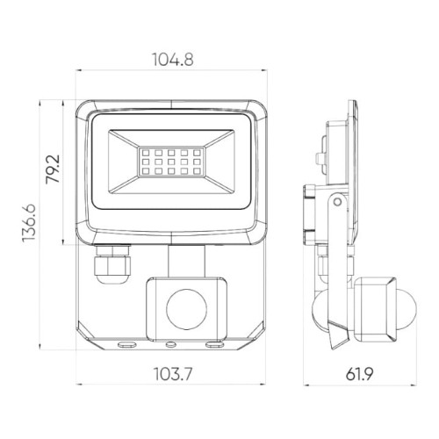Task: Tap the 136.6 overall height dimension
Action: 30,225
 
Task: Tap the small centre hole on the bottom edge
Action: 171,344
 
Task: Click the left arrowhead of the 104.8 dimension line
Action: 76,74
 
